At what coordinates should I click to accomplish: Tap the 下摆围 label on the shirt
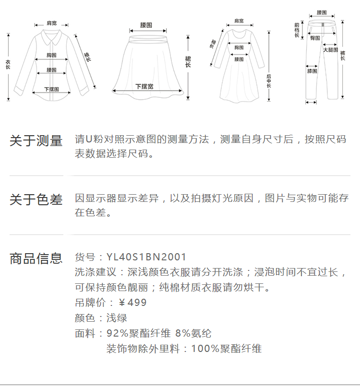(x=51, y=89)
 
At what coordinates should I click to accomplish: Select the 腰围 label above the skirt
(x=146, y=24)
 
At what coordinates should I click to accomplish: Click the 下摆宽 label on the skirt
(x=144, y=86)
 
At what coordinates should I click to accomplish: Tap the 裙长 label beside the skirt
(x=188, y=62)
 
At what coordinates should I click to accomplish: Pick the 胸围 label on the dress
(x=239, y=47)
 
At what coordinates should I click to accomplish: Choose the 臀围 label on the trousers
(x=315, y=38)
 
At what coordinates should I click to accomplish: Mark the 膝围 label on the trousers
(x=312, y=71)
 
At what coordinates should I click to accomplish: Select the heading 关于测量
(x=36, y=141)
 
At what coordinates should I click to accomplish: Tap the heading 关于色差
(x=36, y=200)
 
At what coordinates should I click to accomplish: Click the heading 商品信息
(x=36, y=258)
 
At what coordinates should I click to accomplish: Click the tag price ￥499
(x=132, y=303)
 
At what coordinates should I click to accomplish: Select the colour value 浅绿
(x=117, y=318)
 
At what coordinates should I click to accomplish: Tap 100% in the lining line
(x=202, y=349)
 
